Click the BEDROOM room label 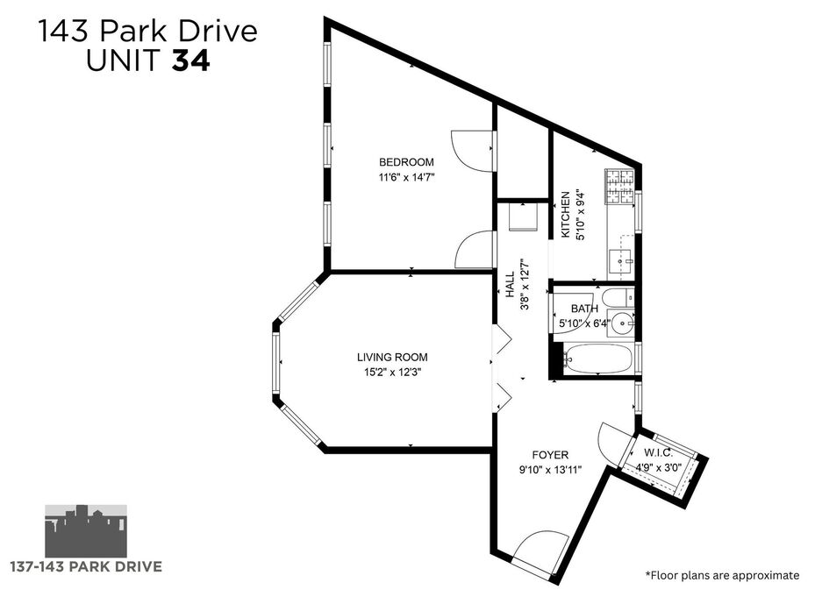[x=406, y=162]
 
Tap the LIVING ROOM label [x=392, y=358]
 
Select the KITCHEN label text [x=565, y=215]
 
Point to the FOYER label [x=550, y=455]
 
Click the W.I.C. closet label [x=658, y=452]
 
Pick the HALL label [x=510, y=285]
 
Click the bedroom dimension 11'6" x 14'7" [x=406, y=177]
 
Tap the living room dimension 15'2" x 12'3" [x=392, y=372]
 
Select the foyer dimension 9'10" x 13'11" [x=550, y=470]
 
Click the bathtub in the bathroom [x=597, y=359]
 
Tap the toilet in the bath [x=618, y=298]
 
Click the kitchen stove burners [x=619, y=187]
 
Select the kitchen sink [x=620, y=258]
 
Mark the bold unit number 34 [x=191, y=60]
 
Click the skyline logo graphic [x=86, y=530]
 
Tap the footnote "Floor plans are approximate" [x=723, y=575]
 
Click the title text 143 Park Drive [x=147, y=31]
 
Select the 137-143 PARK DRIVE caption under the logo [x=86, y=566]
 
